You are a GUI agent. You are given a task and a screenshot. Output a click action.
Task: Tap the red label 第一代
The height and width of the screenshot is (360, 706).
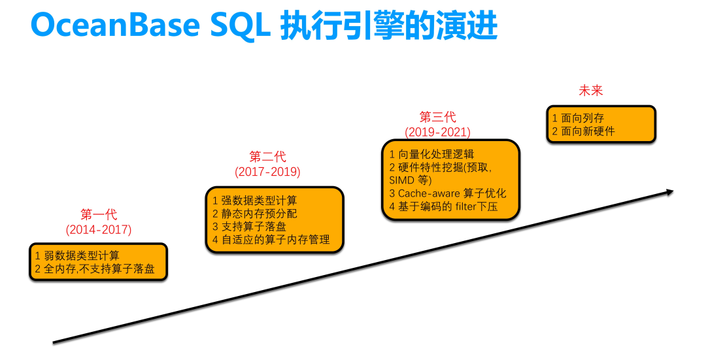click(98, 215)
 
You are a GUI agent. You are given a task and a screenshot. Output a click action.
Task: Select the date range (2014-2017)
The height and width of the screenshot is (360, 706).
click(98, 230)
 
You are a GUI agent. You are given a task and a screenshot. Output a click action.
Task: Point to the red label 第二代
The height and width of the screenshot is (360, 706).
click(267, 157)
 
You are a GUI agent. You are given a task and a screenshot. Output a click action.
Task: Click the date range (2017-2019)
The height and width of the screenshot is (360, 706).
click(267, 172)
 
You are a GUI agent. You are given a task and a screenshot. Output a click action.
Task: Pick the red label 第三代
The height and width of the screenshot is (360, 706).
click(437, 117)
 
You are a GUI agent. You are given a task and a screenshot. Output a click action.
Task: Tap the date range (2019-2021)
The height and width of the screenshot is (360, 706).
click(437, 132)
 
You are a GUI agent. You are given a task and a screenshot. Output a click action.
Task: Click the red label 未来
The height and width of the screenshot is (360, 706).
click(591, 91)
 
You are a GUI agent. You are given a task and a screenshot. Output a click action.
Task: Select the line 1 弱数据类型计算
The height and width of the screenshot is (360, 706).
click(77, 255)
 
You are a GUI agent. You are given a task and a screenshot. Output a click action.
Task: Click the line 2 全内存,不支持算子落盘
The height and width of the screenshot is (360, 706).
click(95, 269)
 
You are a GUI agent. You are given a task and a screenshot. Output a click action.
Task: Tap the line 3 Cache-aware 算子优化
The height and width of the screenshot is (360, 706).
click(447, 193)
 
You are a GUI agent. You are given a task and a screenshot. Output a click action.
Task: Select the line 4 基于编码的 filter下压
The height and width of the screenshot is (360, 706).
click(443, 206)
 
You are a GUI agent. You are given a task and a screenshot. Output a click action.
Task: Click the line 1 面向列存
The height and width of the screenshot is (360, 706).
click(578, 118)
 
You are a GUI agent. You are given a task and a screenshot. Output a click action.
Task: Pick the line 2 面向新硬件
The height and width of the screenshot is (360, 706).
click(583, 131)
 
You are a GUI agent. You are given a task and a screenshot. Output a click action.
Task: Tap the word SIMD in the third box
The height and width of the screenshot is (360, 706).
click(401, 180)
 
